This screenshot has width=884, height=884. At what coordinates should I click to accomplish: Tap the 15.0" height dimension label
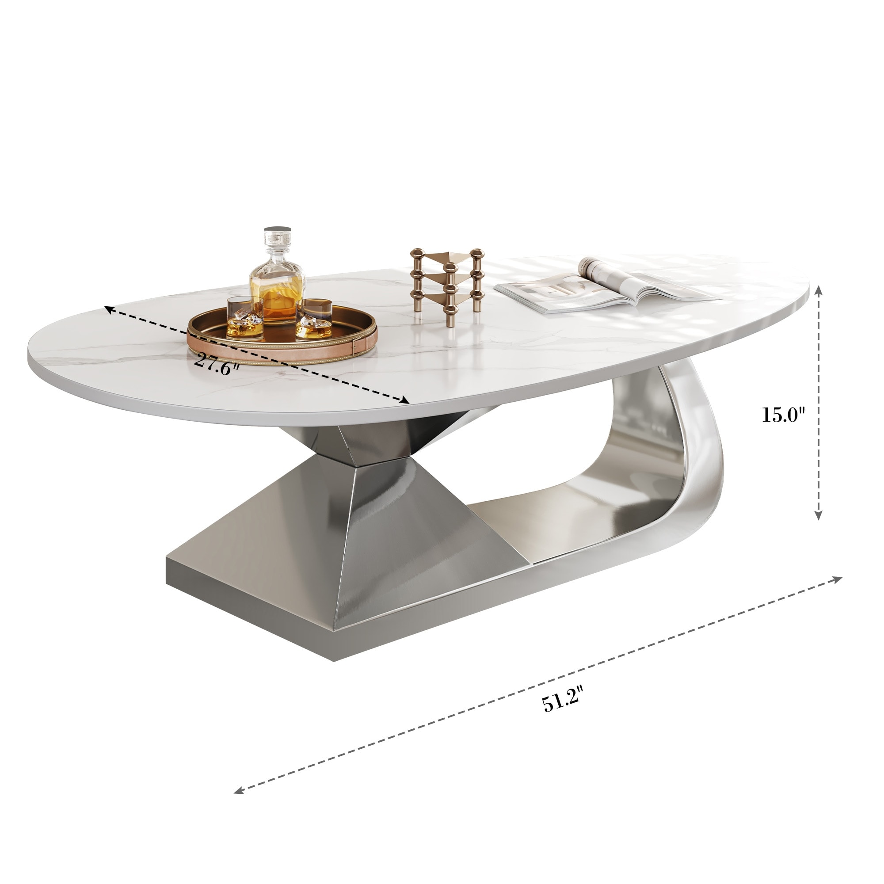click(x=783, y=415)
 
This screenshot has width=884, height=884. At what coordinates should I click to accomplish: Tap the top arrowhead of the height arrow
click(x=819, y=289)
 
